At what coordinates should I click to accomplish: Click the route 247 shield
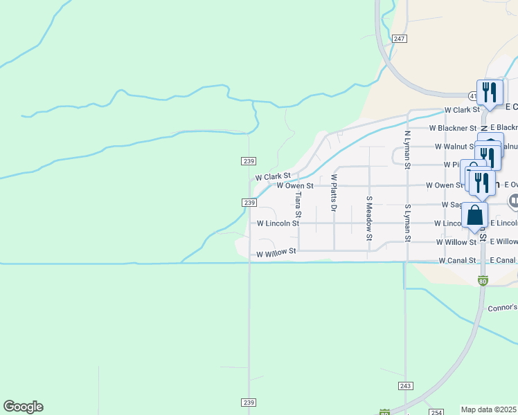pos(398,39)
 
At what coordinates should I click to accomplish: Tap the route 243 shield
pos(406,385)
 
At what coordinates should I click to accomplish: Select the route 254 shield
pos(436,412)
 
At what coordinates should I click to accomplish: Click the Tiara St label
pos(298,203)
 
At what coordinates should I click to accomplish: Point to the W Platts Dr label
pos(334,192)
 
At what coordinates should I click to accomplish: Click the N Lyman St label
pos(408,149)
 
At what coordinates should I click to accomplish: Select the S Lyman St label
pos(408,223)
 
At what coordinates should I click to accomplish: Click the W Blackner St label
pos(453,128)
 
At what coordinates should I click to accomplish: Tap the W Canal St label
pos(458,261)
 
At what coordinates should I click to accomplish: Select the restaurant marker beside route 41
pos(490,93)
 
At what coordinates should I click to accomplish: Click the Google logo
pos(23,407)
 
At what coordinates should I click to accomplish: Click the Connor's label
pos(502,308)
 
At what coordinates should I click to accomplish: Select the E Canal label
pos(503,260)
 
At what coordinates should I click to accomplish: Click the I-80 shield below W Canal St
pos(483,281)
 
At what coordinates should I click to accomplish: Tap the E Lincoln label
pos(503,223)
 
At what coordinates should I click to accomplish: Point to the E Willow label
pos(503,241)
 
